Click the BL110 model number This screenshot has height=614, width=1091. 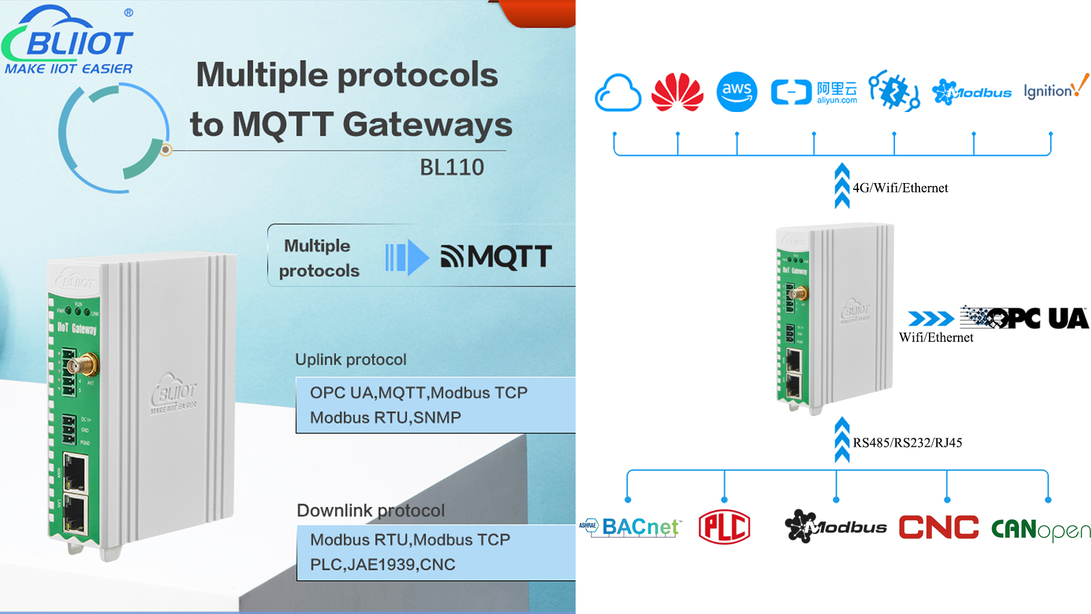click(452, 167)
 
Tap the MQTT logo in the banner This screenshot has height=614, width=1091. click(496, 256)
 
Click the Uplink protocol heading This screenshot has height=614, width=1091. click(351, 359)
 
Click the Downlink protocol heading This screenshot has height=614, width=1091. click(370, 510)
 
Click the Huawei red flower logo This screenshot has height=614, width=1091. click(677, 92)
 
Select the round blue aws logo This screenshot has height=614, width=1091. click(736, 92)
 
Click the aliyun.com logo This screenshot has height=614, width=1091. click(814, 92)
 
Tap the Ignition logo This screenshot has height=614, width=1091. click(1056, 89)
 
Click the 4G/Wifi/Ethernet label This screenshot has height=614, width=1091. click(900, 188)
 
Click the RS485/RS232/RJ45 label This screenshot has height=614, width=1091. click(907, 443)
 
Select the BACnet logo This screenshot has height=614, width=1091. click(630, 527)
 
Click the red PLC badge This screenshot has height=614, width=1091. click(724, 527)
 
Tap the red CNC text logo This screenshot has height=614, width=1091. click(939, 527)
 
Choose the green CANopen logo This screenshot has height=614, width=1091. click(1040, 529)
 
